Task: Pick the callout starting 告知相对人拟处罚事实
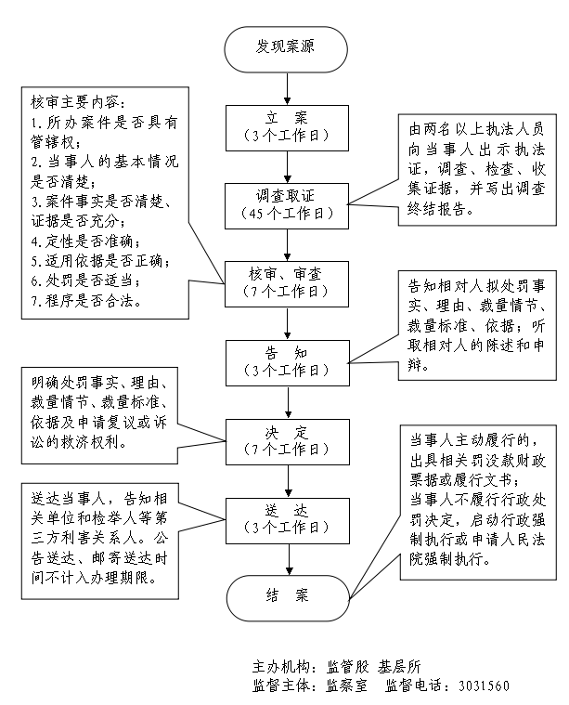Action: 477,320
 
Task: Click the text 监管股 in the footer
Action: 347,667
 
